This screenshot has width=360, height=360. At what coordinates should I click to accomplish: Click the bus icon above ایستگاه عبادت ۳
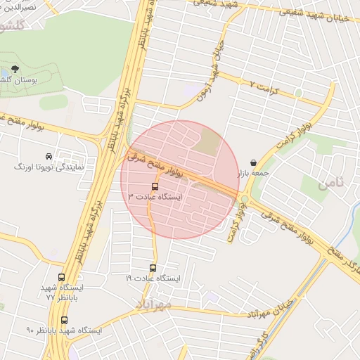155,186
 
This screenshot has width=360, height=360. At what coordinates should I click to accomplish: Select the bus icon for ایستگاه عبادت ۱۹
153,268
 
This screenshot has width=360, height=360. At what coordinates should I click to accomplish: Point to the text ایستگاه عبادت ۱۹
153,279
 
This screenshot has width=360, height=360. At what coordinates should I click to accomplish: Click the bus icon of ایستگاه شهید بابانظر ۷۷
61,278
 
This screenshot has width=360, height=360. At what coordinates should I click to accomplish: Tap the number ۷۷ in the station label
50,297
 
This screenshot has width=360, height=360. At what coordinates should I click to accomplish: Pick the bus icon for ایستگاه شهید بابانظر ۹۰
64,320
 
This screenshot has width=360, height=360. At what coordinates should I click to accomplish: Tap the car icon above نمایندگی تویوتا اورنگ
47,156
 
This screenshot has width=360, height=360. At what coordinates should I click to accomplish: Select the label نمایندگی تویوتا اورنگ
50,167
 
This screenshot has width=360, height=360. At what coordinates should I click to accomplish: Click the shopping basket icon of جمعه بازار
252,162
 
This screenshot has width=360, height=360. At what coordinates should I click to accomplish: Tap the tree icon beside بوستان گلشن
15,70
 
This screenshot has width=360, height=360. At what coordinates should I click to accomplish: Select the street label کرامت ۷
264,83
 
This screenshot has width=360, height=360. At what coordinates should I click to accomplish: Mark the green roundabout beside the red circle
245,199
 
